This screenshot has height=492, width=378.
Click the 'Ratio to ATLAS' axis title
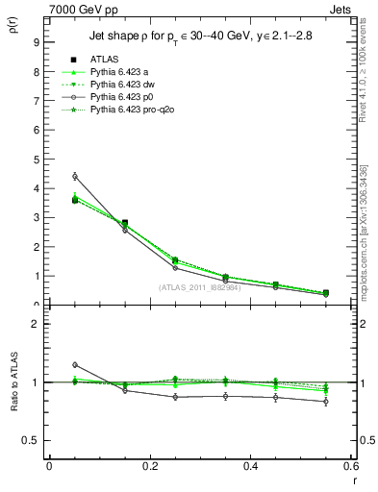(13, 385)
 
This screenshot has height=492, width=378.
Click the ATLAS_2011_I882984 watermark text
(199, 287)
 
